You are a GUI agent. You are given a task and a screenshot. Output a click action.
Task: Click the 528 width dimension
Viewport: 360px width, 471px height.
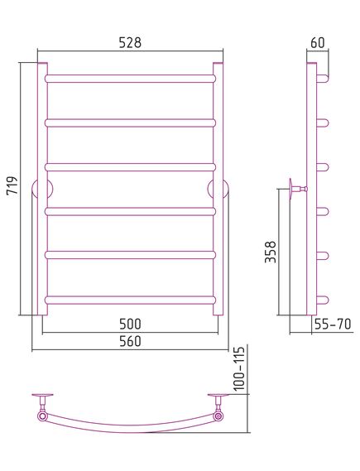pos(130,43)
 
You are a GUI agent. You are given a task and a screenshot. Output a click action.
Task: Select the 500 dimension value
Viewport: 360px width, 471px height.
pos(130,324)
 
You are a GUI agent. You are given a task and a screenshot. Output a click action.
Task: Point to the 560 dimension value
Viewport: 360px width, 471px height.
pos(130,342)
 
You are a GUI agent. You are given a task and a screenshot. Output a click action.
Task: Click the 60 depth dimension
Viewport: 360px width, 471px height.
pos(318,43)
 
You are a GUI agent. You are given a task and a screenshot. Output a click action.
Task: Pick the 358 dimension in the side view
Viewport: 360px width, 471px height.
pos(271,252)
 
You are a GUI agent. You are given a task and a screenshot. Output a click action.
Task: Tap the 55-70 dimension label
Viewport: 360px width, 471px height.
pos(333,324)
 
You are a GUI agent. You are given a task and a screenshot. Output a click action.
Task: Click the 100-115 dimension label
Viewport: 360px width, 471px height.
pos(239,368)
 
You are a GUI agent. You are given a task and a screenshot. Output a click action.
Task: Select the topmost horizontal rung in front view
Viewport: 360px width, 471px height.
pos(130,79)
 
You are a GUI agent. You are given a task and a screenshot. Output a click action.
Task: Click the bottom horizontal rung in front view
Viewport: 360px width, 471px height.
pos(130,300)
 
